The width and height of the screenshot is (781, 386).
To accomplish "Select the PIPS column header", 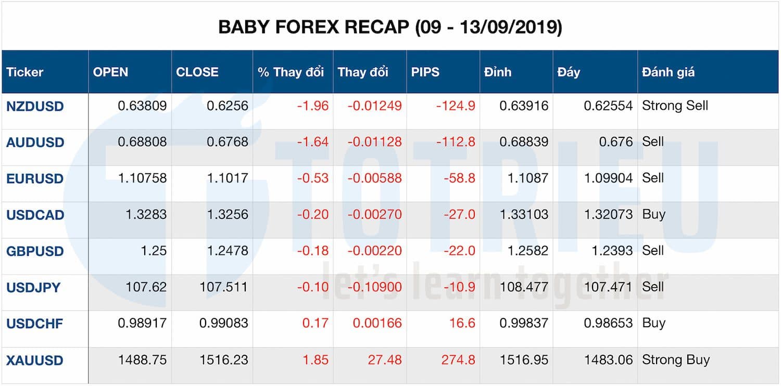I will pyautogui.click(x=425, y=72).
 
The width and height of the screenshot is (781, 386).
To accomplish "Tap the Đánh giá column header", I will pyautogui.click(x=668, y=72).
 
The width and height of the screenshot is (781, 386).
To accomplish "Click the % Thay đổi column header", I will pyautogui.click(x=291, y=72).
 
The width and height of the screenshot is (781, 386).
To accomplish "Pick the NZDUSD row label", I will pyautogui.click(x=35, y=106).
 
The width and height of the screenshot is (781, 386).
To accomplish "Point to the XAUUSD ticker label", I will pyautogui.click(x=35, y=360).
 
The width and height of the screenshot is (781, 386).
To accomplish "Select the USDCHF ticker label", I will pyautogui.click(x=34, y=324).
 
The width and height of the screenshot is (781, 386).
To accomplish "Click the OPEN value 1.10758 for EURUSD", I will pyautogui.click(x=142, y=178).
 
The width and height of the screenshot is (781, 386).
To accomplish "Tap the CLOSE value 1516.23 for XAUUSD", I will pyautogui.click(x=223, y=360).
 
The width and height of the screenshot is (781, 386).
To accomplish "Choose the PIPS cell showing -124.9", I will pyautogui.click(x=456, y=106).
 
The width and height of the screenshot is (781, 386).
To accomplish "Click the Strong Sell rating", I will pyautogui.click(x=675, y=106).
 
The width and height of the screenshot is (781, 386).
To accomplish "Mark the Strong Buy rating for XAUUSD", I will pyautogui.click(x=675, y=359).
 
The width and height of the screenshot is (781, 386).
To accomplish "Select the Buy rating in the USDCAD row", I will pyautogui.click(x=653, y=214).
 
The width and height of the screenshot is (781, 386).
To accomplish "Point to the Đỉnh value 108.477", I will pyautogui.click(x=523, y=287).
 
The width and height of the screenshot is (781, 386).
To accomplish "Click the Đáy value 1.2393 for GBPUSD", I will pyautogui.click(x=612, y=251).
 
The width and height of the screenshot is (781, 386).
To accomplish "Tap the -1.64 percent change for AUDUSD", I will pyautogui.click(x=313, y=142).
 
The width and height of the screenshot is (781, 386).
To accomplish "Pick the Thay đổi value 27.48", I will pyautogui.click(x=385, y=360).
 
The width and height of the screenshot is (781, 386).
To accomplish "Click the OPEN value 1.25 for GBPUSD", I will pyautogui.click(x=154, y=251).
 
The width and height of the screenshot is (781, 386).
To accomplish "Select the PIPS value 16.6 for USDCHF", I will pyautogui.click(x=462, y=324).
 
